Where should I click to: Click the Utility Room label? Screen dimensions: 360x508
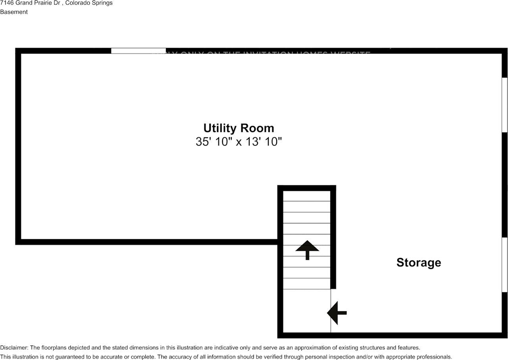point(239,128)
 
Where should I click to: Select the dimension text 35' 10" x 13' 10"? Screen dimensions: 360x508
point(239,142)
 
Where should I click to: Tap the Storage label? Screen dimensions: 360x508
point(419,262)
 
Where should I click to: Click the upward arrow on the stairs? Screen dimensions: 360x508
point(307,250)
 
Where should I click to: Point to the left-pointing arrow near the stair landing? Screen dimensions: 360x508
point(337,313)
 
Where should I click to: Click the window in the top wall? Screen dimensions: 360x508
point(138,51)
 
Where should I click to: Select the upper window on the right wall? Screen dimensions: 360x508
point(504,105)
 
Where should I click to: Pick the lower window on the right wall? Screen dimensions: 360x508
point(504,265)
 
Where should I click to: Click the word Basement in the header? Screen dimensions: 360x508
point(14,12)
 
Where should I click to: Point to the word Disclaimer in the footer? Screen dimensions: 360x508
point(13,348)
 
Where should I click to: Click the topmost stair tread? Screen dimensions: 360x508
point(306,196)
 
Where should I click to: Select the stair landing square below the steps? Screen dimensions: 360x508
point(306,310)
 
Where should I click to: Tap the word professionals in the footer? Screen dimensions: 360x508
point(435,357)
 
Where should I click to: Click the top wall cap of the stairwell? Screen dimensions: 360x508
point(306,188)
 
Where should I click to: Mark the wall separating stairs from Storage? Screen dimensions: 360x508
point(333,238)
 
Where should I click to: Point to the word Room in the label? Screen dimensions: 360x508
point(258,128)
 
